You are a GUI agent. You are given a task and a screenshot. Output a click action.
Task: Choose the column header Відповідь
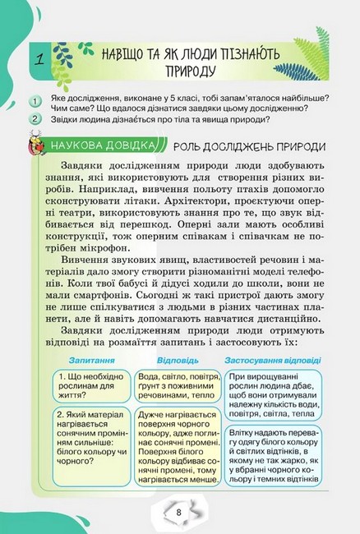176,360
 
